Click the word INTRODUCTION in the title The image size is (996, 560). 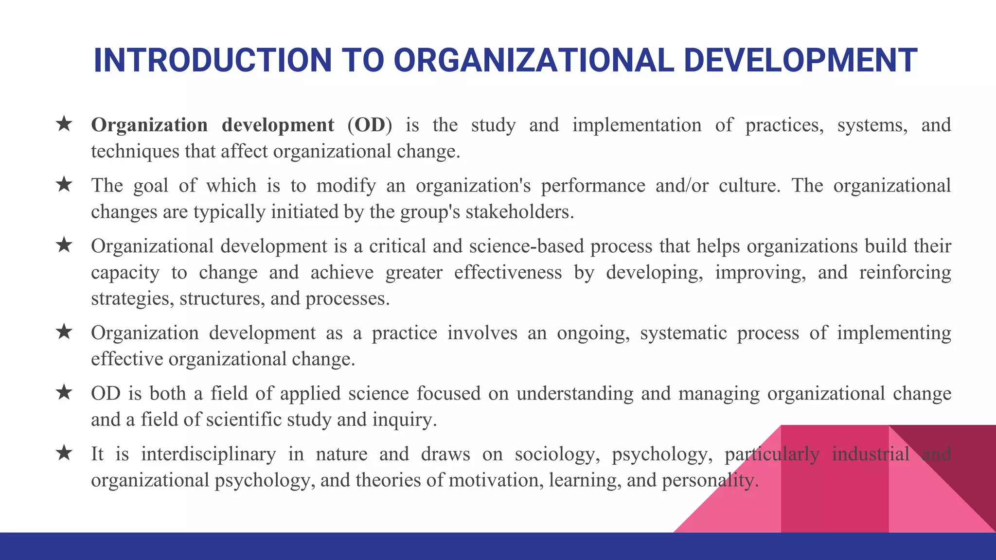(213, 61)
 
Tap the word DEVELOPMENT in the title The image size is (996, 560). (800, 61)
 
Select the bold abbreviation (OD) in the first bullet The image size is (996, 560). (370, 125)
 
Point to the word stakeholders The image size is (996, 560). (519, 212)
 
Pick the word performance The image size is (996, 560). (593, 186)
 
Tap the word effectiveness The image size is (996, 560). (508, 272)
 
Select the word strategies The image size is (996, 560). (132, 298)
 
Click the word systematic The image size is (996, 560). (683, 333)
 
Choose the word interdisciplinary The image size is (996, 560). (208, 454)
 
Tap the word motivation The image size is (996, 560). (495, 480)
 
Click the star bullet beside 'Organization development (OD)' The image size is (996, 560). (64, 124)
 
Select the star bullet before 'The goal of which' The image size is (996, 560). (64, 185)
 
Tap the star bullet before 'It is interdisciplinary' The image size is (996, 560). (64, 453)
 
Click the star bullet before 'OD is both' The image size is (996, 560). (64, 392)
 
